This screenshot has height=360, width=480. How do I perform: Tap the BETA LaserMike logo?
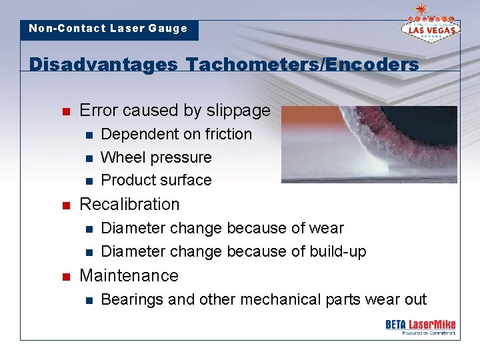tap(420, 326)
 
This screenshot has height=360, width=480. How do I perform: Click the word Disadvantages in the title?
tap(104, 65)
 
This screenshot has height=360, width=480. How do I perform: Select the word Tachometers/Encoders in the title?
tap(303, 65)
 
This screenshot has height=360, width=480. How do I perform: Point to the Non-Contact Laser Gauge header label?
tap(108, 29)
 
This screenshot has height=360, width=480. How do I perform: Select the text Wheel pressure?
tap(156, 157)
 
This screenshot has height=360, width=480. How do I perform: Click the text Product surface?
tap(156, 180)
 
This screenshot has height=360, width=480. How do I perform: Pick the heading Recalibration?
tap(129, 204)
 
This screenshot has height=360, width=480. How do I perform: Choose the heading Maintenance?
tap(129, 275)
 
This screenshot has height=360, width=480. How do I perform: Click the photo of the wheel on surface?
tap(369, 144)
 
